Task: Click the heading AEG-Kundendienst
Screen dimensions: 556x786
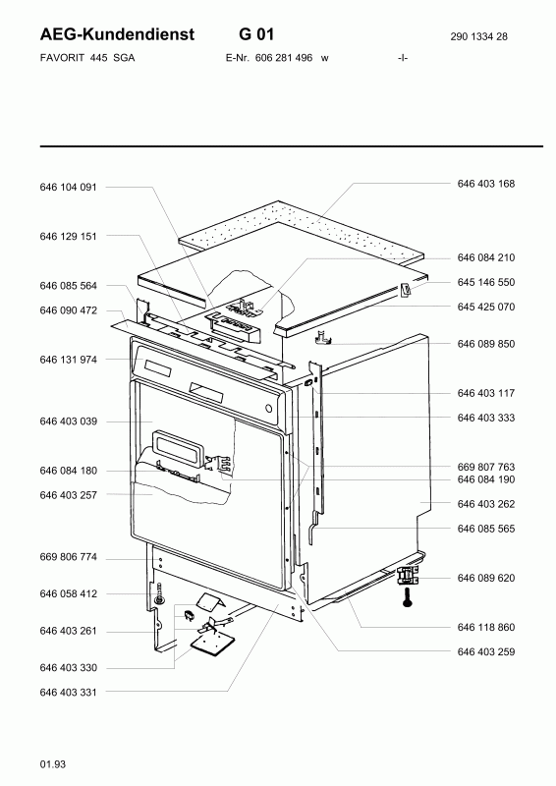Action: (117, 34)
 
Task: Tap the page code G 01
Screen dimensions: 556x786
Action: (256, 34)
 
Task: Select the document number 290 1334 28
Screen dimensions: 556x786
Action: (478, 36)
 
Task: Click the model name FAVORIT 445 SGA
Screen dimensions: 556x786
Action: (87, 58)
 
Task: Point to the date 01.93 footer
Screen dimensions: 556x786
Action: (53, 764)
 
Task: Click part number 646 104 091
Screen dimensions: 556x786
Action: (68, 187)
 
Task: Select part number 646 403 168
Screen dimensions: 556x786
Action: (486, 184)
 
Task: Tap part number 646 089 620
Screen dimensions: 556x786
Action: (486, 578)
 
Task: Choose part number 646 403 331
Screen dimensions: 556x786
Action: (68, 693)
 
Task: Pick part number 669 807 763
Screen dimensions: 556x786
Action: (486, 468)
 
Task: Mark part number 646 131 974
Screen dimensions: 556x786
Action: (68, 360)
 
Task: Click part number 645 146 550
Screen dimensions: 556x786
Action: (486, 282)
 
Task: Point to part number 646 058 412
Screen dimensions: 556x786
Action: (68, 594)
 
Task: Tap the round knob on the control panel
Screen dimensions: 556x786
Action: (270, 408)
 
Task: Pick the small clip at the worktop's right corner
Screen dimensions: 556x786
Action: (406, 290)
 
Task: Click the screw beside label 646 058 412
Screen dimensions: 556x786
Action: (159, 593)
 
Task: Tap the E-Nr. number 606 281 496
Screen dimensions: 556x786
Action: (284, 58)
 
